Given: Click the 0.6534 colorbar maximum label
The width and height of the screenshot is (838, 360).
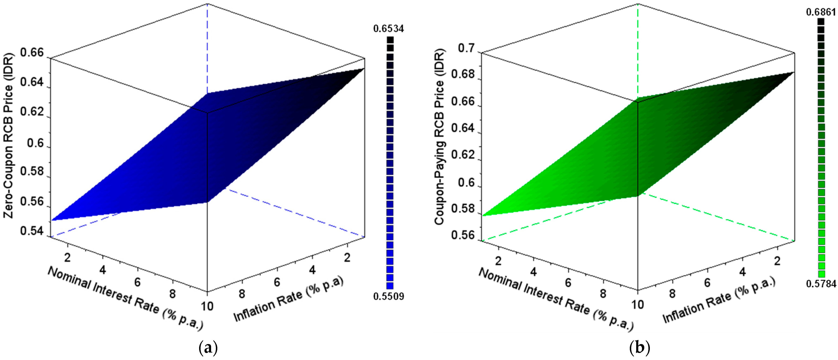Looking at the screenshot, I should pyautogui.click(x=389, y=29).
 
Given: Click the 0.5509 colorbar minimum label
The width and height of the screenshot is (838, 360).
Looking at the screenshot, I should pyautogui.click(x=389, y=296).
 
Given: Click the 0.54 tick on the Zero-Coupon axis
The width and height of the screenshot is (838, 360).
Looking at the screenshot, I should pyautogui.click(x=32, y=231).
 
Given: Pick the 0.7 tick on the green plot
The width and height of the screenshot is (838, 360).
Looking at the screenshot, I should pyautogui.click(x=466, y=48).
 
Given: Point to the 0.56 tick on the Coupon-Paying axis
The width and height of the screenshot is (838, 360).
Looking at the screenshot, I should pyautogui.click(x=463, y=235).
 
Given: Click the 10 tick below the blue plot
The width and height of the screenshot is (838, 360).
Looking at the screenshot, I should pyautogui.click(x=207, y=306).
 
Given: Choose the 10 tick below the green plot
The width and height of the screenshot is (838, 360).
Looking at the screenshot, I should pyautogui.click(x=638, y=305).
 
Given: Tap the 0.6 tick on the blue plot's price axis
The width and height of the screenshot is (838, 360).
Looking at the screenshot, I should pyautogui.click(x=35, y=143).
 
